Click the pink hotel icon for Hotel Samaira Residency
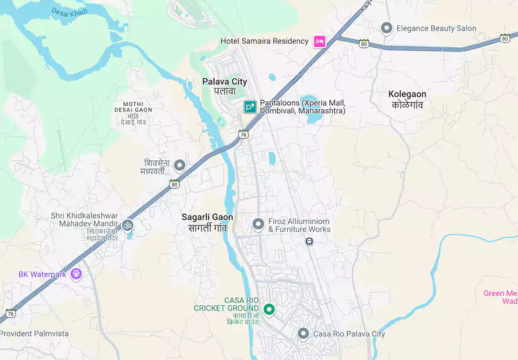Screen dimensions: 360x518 tap(319, 41)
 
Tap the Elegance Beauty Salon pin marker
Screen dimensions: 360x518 tap(387, 28)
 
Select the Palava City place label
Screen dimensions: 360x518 tap(224, 86)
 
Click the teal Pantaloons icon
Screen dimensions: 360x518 tap(250, 106)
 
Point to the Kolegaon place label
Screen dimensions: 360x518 tap(407, 99)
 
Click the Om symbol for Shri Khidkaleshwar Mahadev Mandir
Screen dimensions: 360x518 tap(128, 225)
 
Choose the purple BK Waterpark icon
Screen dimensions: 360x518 tap(76, 274)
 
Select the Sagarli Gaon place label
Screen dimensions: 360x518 tap(207, 222)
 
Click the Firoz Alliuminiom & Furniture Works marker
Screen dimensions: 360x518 tap(258, 223)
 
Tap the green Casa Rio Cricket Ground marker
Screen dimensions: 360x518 tap(268, 309)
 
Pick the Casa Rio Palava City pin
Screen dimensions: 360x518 tap(303, 334)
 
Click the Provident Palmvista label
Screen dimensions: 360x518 tap(34, 334)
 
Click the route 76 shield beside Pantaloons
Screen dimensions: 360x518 tap(243, 134)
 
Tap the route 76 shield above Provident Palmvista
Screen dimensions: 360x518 tap(10, 313)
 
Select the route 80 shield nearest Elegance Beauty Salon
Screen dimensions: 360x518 tap(364, 43)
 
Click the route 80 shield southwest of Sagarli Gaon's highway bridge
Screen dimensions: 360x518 tap(174, 183)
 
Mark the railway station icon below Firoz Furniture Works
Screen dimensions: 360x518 tap(309, 242)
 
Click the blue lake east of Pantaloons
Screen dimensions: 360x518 tap(312, 108)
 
